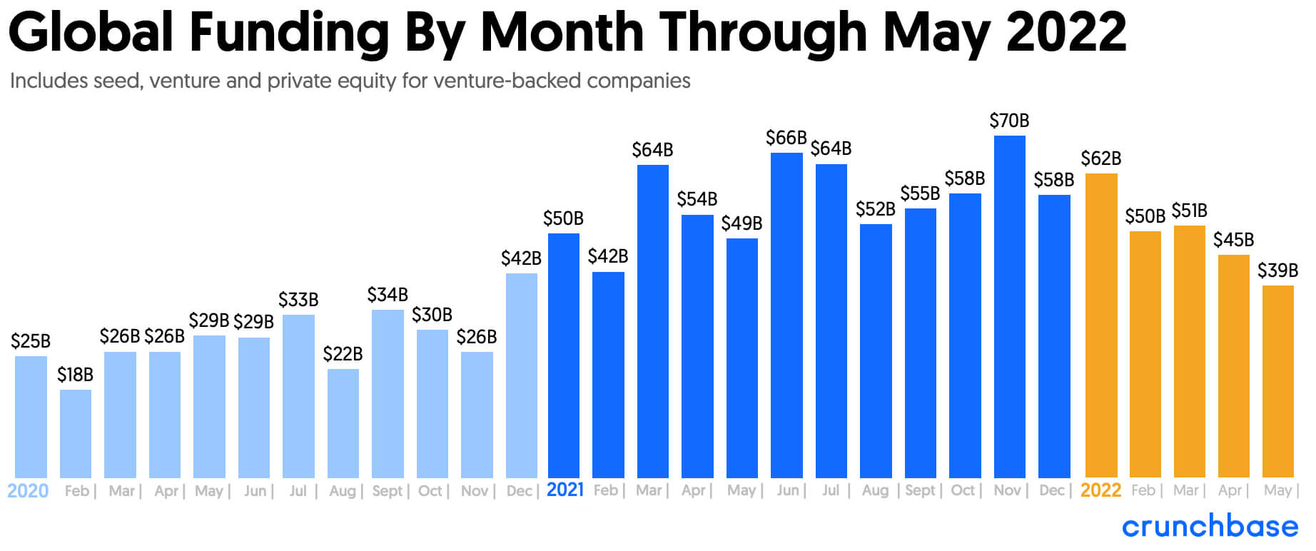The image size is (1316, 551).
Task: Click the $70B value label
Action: pyautogui.click(x=1009, y=121)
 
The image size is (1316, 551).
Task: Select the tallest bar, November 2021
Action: pyautogui.click(x=1009, y=307)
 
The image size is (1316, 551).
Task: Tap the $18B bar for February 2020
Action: pyautogui.click(x=76, y=433)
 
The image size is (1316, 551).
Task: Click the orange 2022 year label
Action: pyautogui.click(x=1100, y=490)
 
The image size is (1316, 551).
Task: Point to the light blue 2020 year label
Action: pyautogui.click(x=28, y=491)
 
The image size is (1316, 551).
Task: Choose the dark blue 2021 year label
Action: pyautogui.click(x=565, y=490)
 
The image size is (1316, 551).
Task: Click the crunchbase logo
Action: pyautogui.click(x=1210, y=527)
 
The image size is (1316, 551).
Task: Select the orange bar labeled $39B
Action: pyautogui.click(x=1277, y=381)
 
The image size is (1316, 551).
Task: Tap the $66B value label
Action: pyautogui.click(x=786, y=138)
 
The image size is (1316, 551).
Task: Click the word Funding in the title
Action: pyautogui.click(x=288, y=33)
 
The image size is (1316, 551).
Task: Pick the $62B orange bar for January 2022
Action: pyautogui.click(x=1100, y=325)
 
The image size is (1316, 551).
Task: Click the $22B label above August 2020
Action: pyautogui.click(x=343, y=354)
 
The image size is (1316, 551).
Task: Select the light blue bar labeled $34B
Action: pyautogui.click(x=388, y=393)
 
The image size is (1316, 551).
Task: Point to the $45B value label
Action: pyautogui.click(x=1233, y=240)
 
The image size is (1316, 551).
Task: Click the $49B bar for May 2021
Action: pyautogui.click(x=741, y=358)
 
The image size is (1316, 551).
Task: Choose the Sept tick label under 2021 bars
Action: pyautogui.click(x=920, y=490)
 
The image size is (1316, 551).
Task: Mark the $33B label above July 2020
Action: pyautogui.click(x=298, y=300)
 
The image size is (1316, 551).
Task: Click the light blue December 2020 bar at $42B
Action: pyautogui.click(x=521, y=375)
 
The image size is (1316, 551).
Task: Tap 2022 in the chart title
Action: pyautogui.click(x=1066, y=33)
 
